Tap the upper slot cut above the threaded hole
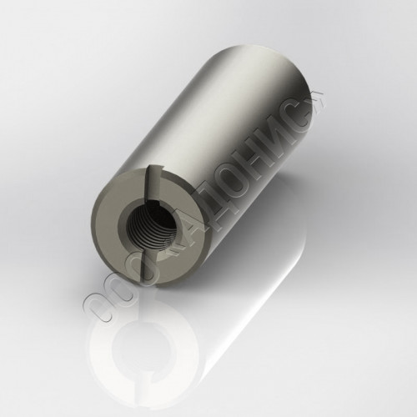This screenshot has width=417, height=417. (x=153, y=183)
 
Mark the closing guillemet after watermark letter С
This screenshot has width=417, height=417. (x=316, y=99)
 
